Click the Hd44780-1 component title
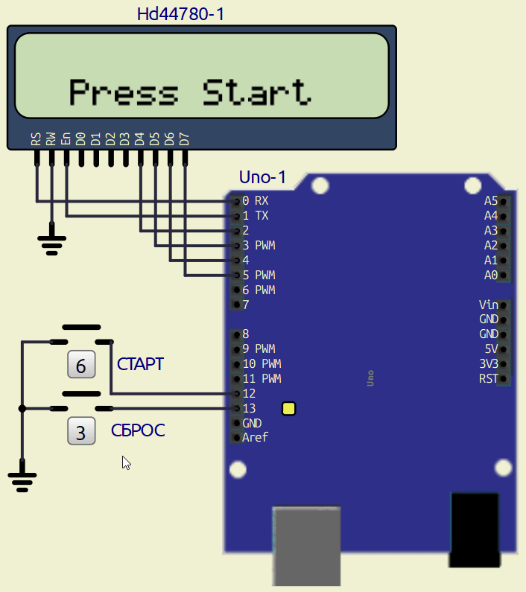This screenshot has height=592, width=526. point(180,14)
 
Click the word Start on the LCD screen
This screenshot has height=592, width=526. point(256,92)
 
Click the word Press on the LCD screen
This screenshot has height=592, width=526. point(124,92)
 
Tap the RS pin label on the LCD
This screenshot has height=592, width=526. point(36,139)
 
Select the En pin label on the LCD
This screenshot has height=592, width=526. point(66,139)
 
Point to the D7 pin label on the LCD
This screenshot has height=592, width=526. point(185,139)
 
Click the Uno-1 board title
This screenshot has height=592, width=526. point(262,178)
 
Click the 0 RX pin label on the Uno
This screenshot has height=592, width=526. point(256,200)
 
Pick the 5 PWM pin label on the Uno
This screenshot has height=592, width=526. point(259,275)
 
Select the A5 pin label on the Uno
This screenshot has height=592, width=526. point(490,200)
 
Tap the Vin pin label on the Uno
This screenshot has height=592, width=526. point(489,305)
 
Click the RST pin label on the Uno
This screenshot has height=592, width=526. point(488,378)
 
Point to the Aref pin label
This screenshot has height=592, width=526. point(255,437)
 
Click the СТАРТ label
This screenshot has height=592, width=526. point(141,365)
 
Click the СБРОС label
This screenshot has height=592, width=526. point(138,430)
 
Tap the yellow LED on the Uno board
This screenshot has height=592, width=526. point(289,408)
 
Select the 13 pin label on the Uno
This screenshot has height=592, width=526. point(249,408)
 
